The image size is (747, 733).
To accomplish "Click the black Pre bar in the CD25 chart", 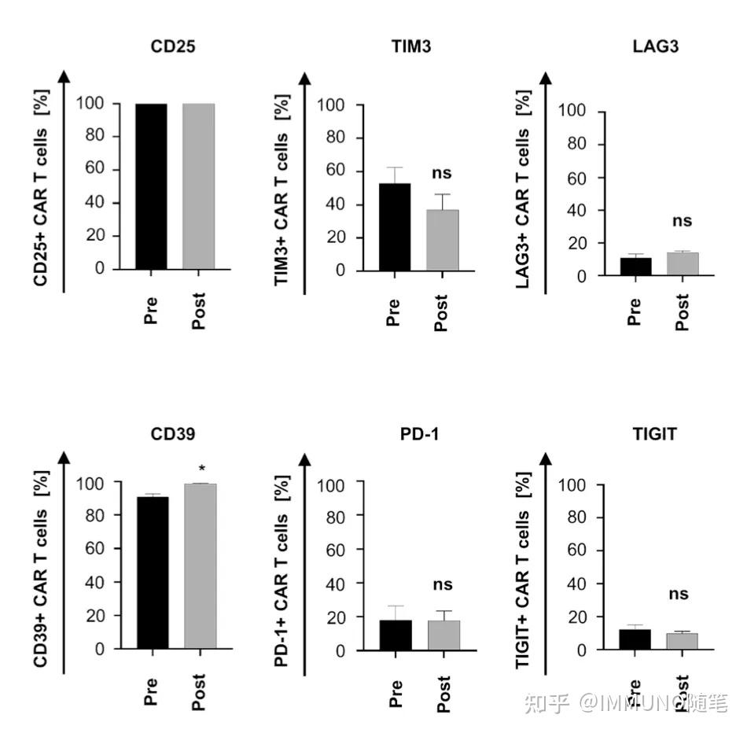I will click(x=151, y=186).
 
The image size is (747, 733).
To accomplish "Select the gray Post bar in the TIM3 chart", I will click(x=442, y=240).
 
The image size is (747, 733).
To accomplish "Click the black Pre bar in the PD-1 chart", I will click(x=396, y=635).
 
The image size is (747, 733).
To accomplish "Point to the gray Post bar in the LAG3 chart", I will click(x=683, y=264).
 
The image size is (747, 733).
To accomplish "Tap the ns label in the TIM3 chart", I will click(x=442, y=173).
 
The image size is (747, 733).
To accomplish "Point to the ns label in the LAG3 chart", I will click(x=682, y=221).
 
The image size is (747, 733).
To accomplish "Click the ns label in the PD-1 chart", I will click(x=443, y=585).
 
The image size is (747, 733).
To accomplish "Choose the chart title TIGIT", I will click(x=654, y=433).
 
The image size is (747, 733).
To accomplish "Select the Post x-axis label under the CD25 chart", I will click(x=199, y=311).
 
